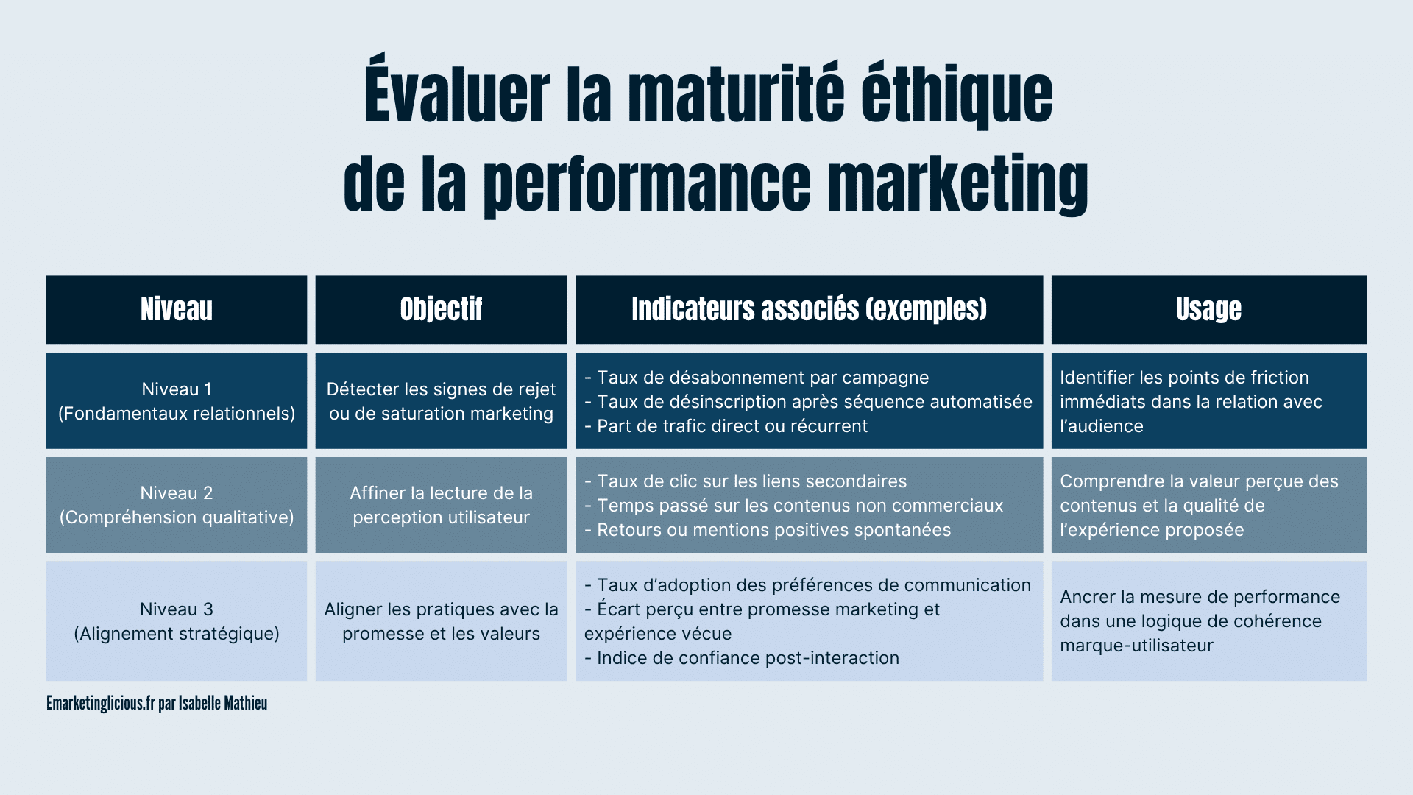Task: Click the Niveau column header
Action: [x=177, y=310]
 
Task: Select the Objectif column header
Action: [x=442, y=310]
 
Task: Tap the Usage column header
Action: [x=1208, y=310]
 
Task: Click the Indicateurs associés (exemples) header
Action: [x=810, y=310]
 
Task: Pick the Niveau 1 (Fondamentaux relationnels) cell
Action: [x=177, y=401]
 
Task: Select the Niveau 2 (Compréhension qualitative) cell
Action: [x=177, y=505]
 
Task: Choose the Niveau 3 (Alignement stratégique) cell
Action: [x=177, y=621]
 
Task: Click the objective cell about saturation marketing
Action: [x=442, y=401]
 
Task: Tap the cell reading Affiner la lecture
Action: [x=442, y=505]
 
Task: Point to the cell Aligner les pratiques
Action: [x=442, y=621]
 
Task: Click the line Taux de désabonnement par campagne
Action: [x=757, y=378]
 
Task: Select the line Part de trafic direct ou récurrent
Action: [x=726, y=426]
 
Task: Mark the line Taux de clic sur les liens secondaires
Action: [x=746, y=481]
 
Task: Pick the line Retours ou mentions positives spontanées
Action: [x=768, y=530]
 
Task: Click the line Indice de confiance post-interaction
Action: [x=742, y=658]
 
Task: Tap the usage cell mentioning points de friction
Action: [x=1208, y=401]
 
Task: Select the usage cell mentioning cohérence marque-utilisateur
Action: [x=1208, y=621]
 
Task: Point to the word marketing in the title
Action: [x=957, y=184]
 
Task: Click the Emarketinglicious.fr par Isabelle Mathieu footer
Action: [x=157, y=703]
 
